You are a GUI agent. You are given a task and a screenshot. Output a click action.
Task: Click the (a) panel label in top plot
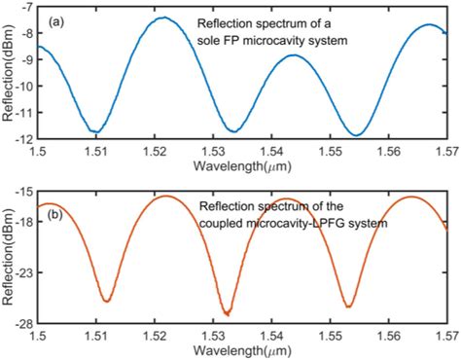coord(50,20)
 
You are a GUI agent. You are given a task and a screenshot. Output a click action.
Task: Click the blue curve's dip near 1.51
coord(95,131)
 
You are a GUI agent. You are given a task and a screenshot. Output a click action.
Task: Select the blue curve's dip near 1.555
coord(358,134)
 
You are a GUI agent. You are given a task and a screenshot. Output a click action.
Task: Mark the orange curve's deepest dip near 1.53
coord(227,313)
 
